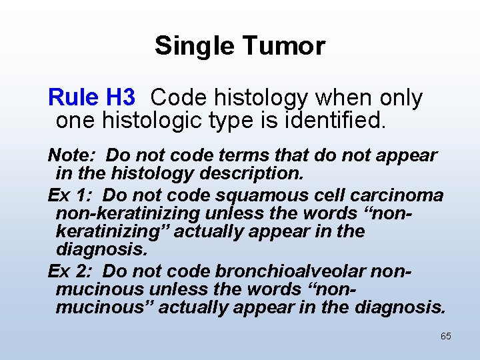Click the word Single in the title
[x=195, y=46]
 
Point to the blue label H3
[x=121, y=99]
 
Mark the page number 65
[x=445, y=337]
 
